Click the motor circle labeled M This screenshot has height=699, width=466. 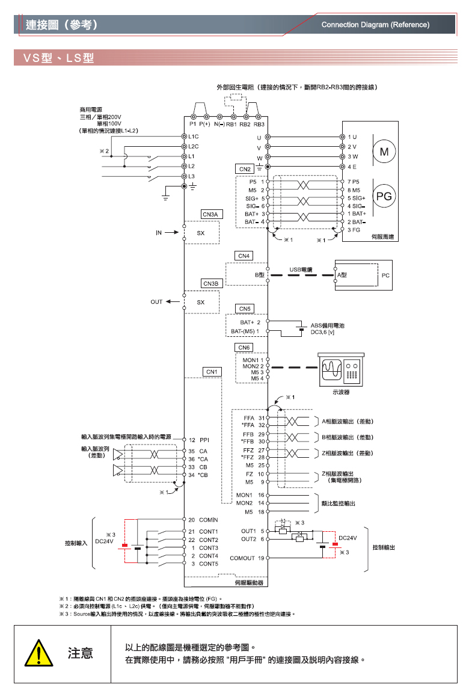coord(383,152)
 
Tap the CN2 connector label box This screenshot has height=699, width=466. coord(245,169)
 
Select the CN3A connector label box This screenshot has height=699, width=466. coord(212,214)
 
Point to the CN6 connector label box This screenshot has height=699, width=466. coord(244,348)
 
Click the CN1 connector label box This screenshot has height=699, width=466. coord(211,372)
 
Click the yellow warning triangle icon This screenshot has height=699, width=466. coord(37,653)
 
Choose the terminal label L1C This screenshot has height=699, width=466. coord(193,137)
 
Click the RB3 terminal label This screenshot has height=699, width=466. coord(259,125)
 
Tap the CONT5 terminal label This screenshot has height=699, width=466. coord(208,564)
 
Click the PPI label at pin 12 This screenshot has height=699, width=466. coord(204,440)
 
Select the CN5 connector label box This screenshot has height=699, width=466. coord(245,309)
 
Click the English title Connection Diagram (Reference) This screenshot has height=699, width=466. coord(375,25)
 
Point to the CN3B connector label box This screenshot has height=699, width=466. coord(212,283)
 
